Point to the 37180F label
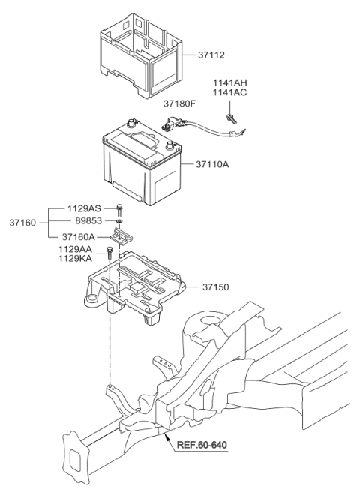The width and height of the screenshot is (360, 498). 179,104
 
